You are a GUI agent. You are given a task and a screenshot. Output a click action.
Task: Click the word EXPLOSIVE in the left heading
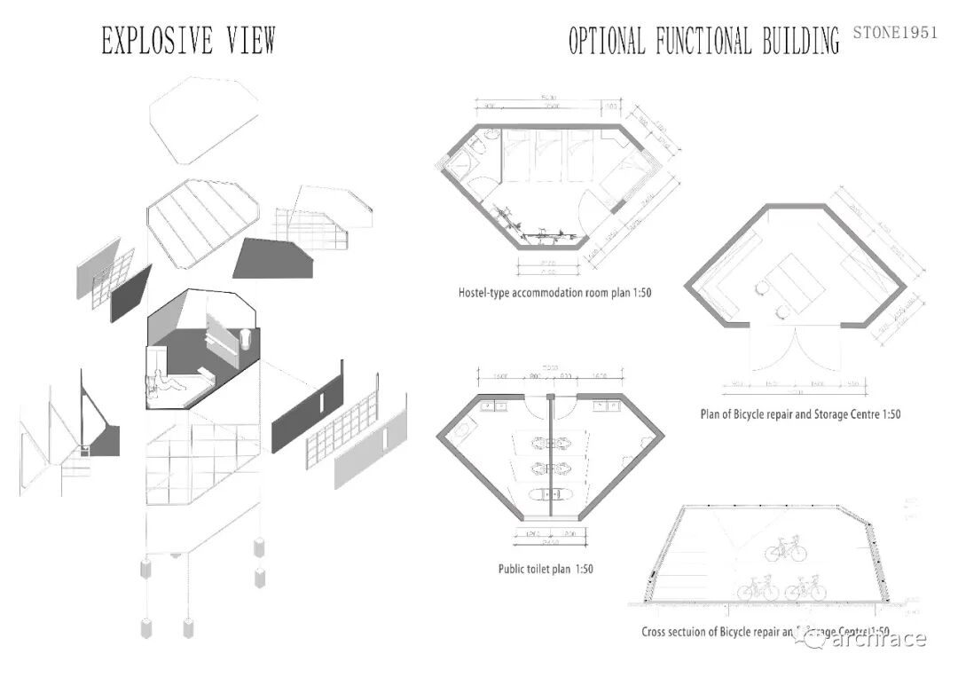145,41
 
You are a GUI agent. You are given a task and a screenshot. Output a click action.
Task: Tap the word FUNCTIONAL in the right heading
705,41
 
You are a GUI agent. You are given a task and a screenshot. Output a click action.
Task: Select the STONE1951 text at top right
894,33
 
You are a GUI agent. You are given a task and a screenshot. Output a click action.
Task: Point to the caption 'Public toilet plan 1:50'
546,568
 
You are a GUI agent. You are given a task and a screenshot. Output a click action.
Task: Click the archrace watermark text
878,639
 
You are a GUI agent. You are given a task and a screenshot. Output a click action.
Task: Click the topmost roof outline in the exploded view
205,119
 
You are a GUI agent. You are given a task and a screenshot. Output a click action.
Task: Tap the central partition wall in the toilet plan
551,461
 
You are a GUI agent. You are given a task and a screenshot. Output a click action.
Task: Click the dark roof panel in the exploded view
273,257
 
